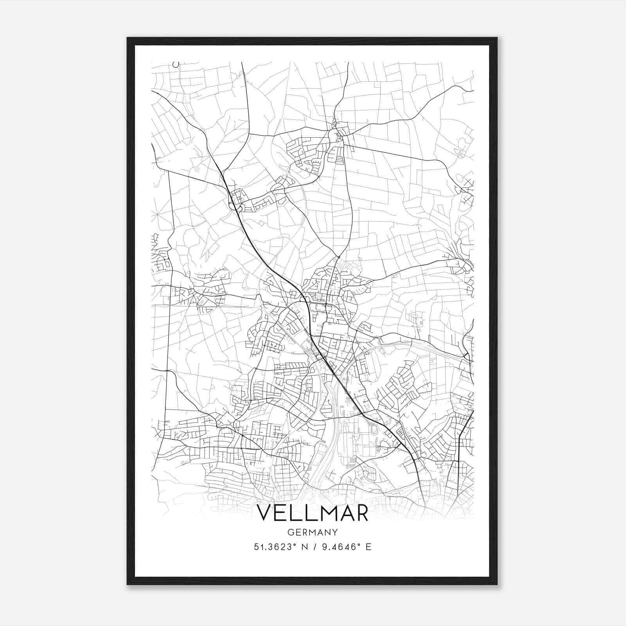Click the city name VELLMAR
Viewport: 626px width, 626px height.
[312, 514]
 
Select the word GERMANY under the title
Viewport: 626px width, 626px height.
[312, 532]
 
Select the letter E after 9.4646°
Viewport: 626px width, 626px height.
[368, 547]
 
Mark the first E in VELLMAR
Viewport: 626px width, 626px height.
[282, 514]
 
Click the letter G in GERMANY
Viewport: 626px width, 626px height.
[290, 532]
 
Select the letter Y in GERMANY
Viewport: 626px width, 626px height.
[335, 532]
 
